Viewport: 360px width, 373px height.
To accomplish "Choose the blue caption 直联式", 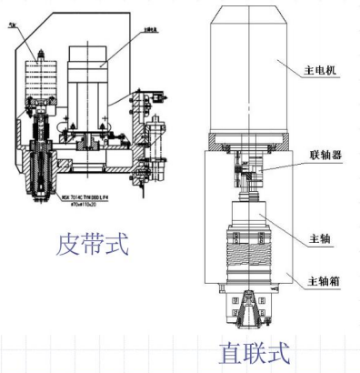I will tap(255, 352).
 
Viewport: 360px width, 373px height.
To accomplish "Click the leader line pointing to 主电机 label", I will tap(295, 66).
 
